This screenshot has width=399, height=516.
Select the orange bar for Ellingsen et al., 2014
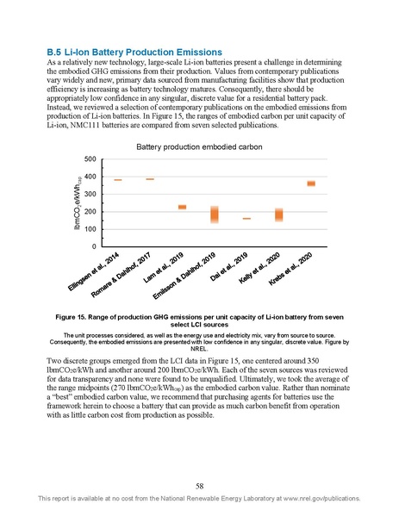[118, 180]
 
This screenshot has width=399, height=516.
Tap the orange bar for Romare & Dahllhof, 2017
[150, 179]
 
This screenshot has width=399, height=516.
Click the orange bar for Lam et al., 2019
[182, 207]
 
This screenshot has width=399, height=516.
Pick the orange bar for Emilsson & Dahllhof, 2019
[215, 214]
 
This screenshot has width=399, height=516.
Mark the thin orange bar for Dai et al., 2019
[246, 219]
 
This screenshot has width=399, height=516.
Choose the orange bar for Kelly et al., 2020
[278, 214]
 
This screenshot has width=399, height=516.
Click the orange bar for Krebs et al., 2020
[311, 183]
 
